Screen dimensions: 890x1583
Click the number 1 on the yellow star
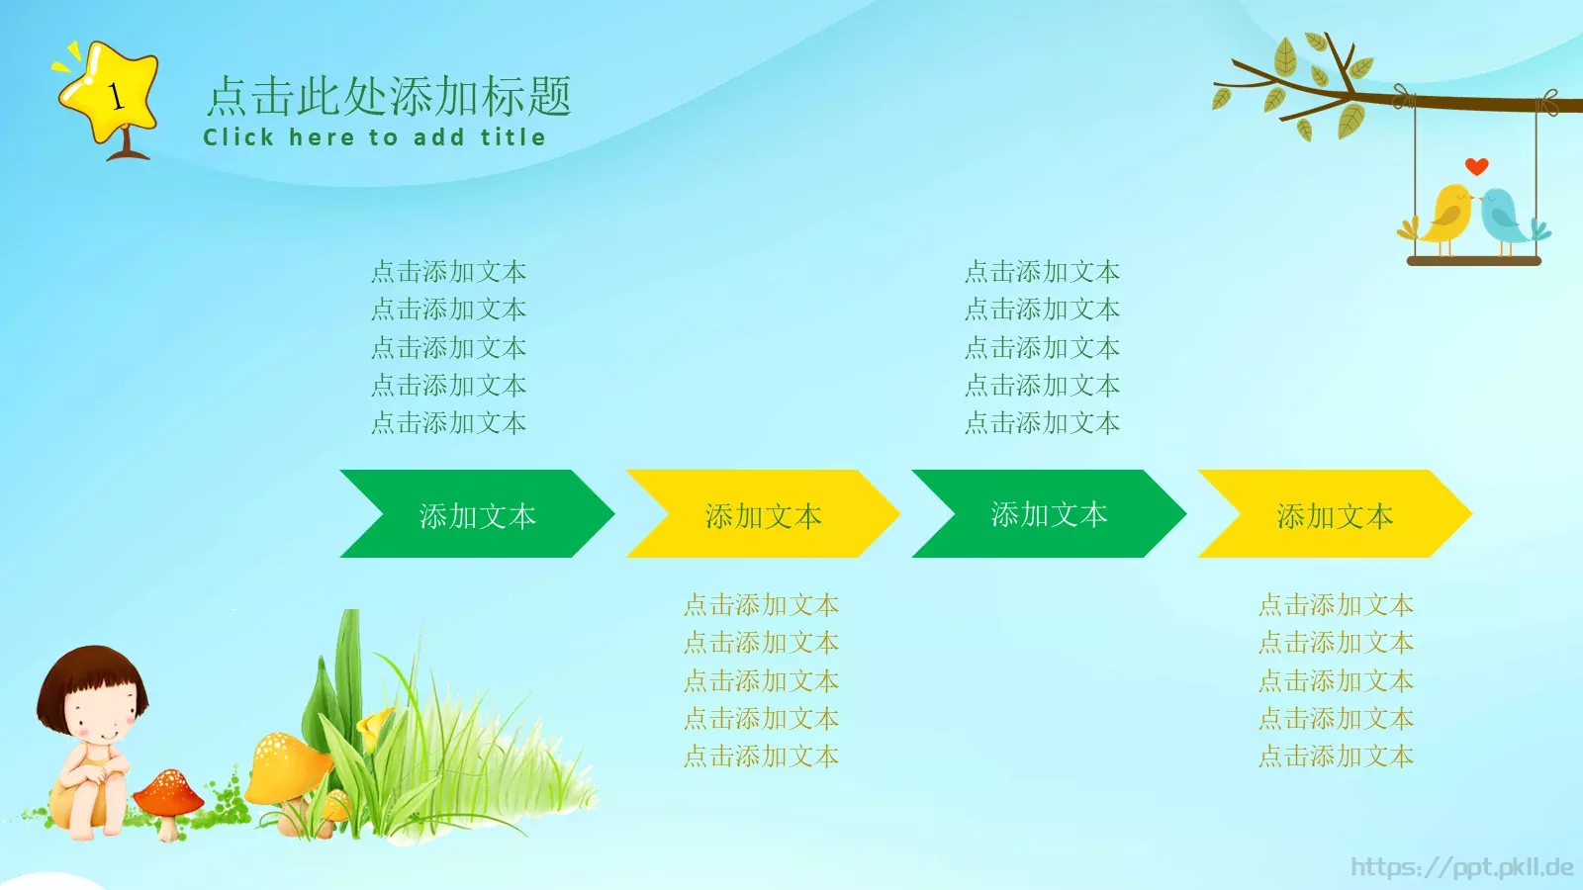pos(115,96)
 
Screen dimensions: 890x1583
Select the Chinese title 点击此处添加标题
pos(389,97)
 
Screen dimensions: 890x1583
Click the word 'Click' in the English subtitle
pos(238,137)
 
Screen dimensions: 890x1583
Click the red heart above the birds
pos(1476,166)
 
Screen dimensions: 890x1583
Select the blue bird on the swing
pos(1506,218)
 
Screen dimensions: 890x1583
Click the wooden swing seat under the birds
pos(1474,261)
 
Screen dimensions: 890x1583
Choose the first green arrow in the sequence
pos(477,514)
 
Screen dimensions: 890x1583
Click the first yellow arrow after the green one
pos(763,514)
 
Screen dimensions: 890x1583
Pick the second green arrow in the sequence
pos(1049,514)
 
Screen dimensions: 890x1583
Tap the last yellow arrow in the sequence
pos(1335,514)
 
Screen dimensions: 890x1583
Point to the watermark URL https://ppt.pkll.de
pos(1461,867)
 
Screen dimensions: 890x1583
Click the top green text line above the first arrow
pos(448,272)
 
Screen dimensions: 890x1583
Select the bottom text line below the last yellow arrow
pos(1336,756)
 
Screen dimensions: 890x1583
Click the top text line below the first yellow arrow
pos(761,605)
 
